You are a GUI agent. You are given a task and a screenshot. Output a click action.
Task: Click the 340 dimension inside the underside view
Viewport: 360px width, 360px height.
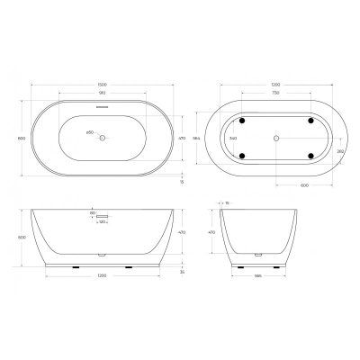pos(233,138)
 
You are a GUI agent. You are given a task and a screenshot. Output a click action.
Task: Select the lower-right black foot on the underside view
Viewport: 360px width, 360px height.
pos(311,157)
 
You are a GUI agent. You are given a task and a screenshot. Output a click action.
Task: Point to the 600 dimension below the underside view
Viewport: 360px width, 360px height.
pos(306,186)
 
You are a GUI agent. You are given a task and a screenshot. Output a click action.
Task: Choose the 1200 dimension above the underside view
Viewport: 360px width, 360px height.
pos(275,86)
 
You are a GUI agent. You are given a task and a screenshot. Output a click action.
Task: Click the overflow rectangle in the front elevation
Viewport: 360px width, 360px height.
pos(103,216)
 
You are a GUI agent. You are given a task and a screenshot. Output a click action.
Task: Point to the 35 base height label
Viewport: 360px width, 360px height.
pos(181,272)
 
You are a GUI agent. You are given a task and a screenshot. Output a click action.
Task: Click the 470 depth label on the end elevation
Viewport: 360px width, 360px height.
pos(212,232)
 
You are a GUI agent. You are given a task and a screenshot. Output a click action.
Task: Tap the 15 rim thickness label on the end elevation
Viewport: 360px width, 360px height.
pos(228,203)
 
